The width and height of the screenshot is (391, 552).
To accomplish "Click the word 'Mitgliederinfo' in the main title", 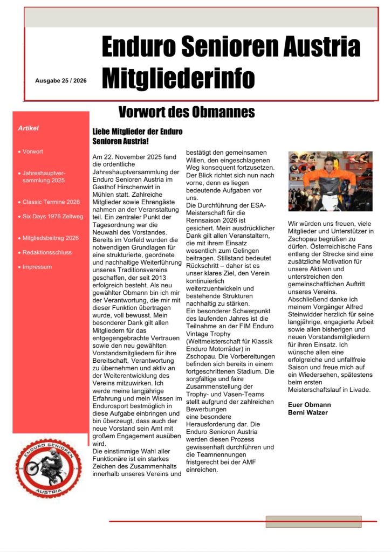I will point(178,78).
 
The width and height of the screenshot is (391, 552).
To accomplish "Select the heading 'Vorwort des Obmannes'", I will point(186,112).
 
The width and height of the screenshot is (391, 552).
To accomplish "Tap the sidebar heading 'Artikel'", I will point(28,128).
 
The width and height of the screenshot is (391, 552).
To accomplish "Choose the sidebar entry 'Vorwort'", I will point(32,151).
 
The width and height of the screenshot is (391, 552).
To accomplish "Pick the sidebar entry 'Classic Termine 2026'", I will point(51,202).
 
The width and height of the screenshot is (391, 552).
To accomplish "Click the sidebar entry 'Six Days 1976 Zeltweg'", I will point(53,216).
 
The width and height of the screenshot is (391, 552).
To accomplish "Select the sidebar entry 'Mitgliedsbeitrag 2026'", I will point(51,238).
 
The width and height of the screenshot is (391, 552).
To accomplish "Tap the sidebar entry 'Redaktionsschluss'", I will point(47,252).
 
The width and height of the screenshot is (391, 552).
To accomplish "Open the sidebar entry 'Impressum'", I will point(37,267).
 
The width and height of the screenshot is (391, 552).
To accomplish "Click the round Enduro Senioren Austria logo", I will point(49,467).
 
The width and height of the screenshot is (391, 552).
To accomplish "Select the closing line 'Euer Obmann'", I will point(309,404).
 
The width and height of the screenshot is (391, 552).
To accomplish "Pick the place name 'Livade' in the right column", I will point(369,390).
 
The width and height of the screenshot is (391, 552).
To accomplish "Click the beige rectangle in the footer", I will point(313,521).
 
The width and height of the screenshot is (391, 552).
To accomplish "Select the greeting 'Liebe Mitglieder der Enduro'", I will point(138,132).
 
